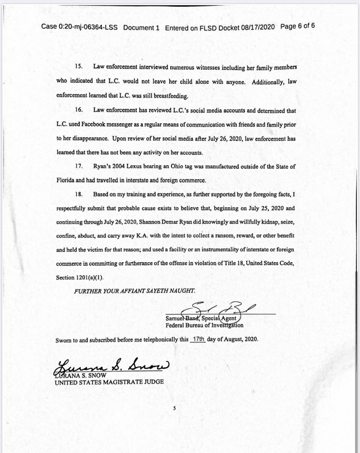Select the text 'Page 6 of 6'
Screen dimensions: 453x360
coord(297,27)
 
